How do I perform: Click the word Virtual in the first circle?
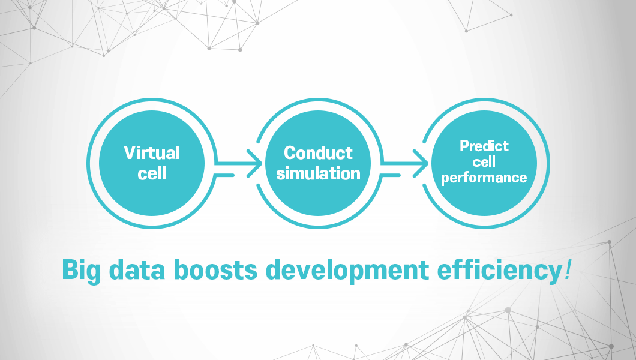pos(152,153)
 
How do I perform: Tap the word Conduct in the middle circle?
pos(319,153)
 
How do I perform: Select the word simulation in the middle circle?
pos(319,173)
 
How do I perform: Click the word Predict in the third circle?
pos(484,146)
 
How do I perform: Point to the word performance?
pos(484,178)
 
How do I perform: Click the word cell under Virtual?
pos(152,173)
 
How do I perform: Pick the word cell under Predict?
pos(484,162)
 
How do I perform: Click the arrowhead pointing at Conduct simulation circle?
pos(256,163)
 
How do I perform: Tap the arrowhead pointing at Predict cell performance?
pos(421,163)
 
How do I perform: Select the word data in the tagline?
pos(137,269)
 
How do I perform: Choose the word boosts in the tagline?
pos(216,269)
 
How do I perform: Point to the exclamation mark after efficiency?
pos(567,269)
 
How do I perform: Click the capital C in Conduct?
pos(290,153)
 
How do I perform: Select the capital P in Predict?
pos(465,146)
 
